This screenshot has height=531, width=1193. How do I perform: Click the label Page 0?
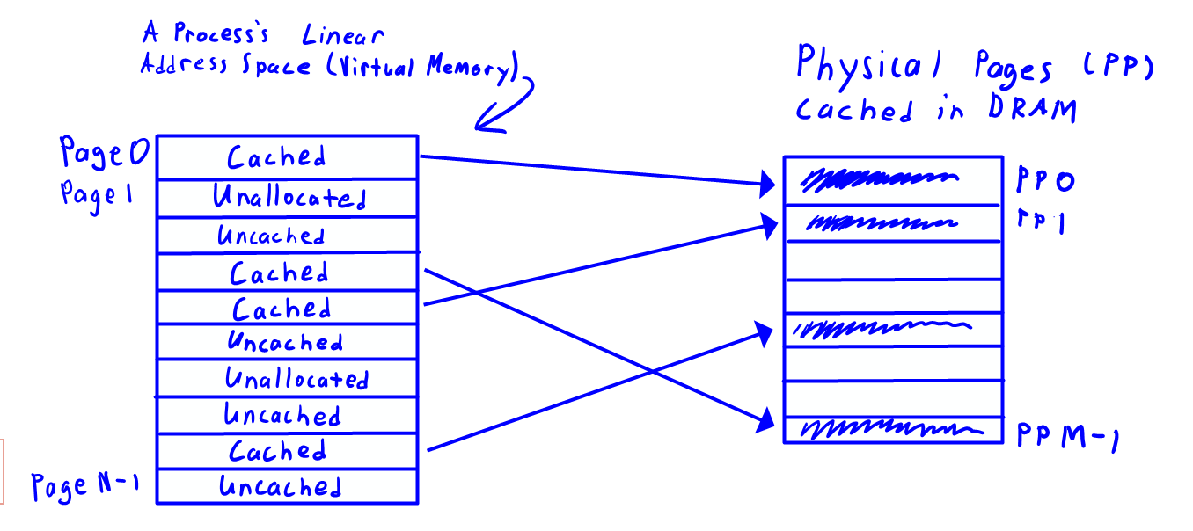click(x=104, y=154)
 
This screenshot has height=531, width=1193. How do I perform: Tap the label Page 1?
click(x=96, y=193)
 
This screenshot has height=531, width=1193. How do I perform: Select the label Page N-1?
click(x=85, y=485)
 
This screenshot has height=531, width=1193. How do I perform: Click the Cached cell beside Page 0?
click(x=277, y=157)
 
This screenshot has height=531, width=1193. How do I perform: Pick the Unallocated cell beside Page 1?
click(x=289, y=198)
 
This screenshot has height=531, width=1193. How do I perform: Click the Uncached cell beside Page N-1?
click(x=280, y=486)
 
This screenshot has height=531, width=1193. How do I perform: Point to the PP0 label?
click(x=1044, y=181)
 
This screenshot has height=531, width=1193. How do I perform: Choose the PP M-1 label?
click(x=1066, y=434)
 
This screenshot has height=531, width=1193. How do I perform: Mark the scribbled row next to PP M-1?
click(x=891, y=430)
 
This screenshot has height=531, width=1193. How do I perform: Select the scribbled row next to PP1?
click(x=880, y=223)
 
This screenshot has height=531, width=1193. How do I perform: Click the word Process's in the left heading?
click(x=219, y=36)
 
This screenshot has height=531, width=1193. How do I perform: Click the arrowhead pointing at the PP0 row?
click(x=772, y=185)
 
